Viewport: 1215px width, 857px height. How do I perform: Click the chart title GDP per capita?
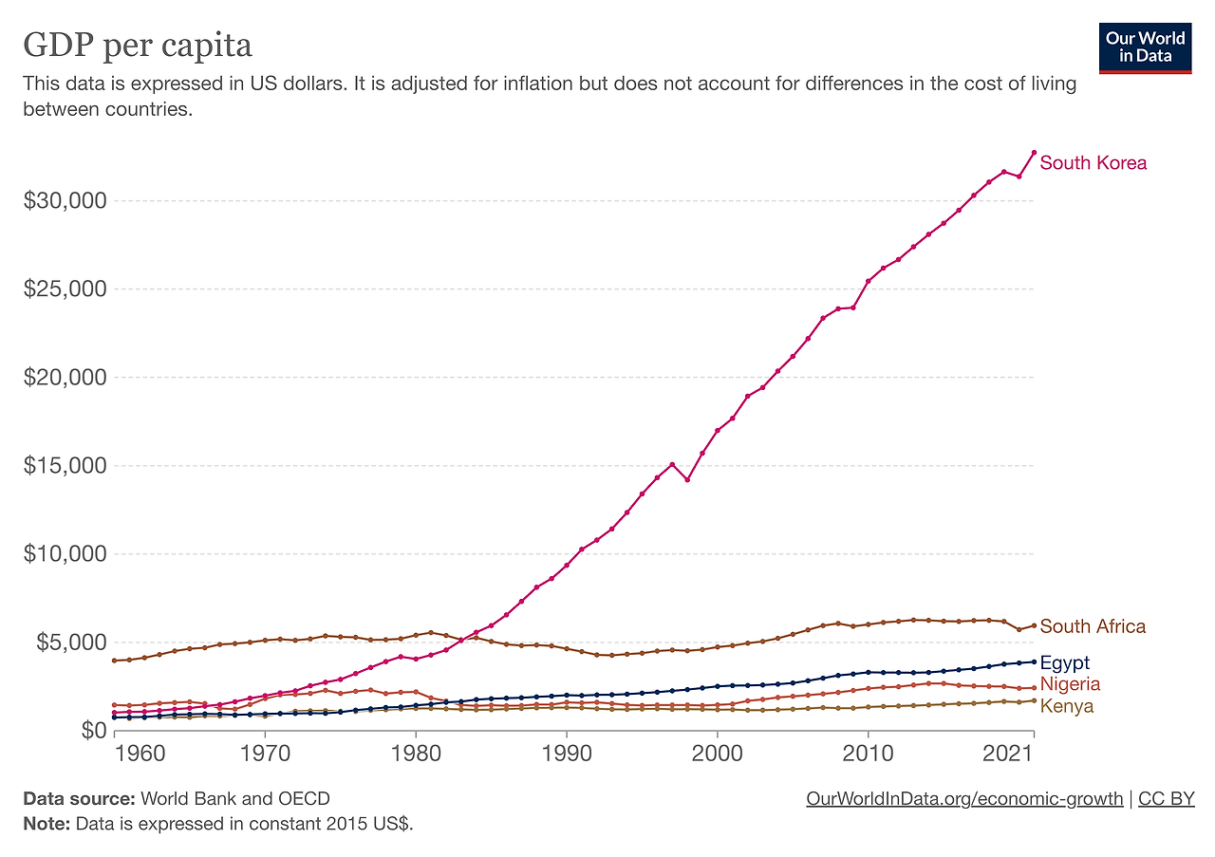coord(138,45)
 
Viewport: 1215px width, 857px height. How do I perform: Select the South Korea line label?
coord(1093,163)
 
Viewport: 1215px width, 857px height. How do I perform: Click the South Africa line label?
coord(1093,626)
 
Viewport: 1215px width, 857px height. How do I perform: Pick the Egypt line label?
coord(1065,662)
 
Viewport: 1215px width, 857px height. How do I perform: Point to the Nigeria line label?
coord(1070,684)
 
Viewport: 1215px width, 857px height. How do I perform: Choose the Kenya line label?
coord(1067,706)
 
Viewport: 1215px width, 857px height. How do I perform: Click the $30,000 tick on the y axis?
coord(65,201)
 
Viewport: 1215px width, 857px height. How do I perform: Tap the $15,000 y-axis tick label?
coord(65,466)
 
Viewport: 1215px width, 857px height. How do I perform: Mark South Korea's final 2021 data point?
coord(1034,153)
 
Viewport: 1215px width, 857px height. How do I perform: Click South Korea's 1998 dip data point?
coord(687,479)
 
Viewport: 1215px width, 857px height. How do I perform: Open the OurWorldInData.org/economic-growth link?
coord(963,799)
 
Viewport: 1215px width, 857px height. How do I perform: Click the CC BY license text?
coord(1166,799)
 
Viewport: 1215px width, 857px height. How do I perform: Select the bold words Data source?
coord(80,799)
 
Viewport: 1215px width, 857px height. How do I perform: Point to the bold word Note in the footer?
coord(46,823)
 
